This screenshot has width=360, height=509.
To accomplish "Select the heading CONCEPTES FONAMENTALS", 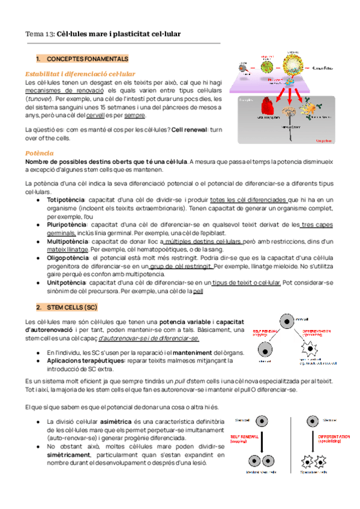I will click(x=87, y=59).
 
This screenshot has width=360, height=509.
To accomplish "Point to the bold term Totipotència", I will click(x=65, y=199).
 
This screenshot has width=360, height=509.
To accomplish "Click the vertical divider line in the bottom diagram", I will click(x=290, y=444).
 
